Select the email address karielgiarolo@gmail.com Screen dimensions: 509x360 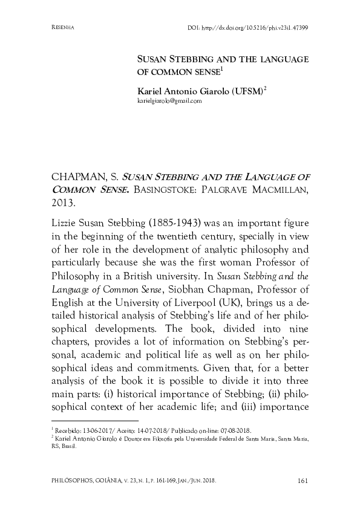(x=170, y=102)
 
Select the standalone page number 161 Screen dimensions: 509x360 (x=304, y=481)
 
